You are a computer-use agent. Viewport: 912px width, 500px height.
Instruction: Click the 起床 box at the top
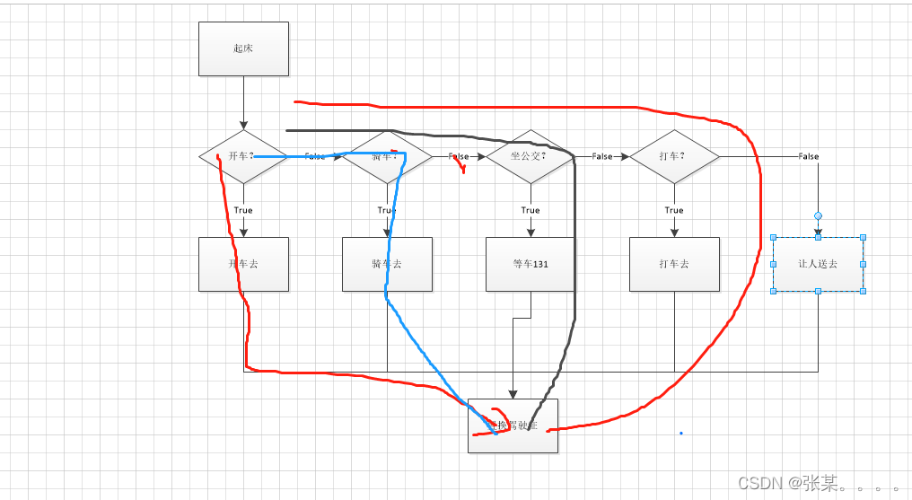click(243, 48)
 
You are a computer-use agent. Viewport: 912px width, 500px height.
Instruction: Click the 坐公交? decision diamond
click(531, 156)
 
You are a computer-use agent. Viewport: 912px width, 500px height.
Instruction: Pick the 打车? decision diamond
click(674, 156)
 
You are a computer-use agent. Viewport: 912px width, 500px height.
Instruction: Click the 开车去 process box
click(243, 264)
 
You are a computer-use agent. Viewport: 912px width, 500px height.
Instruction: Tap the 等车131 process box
click(531, 264)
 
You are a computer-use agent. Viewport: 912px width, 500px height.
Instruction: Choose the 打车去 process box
click(674, 264)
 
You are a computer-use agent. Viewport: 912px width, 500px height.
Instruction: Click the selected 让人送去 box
click(818, 264)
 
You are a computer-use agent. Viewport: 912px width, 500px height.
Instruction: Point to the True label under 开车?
click(243, 210)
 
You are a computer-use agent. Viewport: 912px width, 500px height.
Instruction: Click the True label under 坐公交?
click(531, 210)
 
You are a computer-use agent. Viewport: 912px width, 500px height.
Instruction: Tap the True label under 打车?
click(674, 210)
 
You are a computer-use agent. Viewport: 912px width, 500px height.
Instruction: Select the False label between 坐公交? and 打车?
click(602, 156)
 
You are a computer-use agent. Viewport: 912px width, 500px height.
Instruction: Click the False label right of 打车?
click(809, 156)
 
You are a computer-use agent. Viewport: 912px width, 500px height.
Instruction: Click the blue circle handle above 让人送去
click(818, 215)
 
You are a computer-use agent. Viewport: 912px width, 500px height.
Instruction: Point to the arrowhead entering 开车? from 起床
click(243, 125)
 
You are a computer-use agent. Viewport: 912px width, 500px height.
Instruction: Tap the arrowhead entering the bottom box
click(513, 394)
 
